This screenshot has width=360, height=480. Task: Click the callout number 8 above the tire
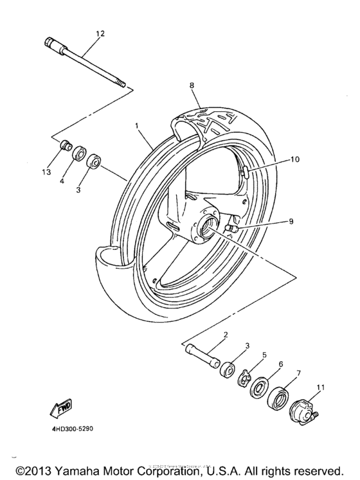point(191,85)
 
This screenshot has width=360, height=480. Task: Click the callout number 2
point(226,335)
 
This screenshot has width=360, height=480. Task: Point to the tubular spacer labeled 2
point(204,354)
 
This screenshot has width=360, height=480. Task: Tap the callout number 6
point(280,364)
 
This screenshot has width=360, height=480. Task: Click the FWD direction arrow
point(57,406)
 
